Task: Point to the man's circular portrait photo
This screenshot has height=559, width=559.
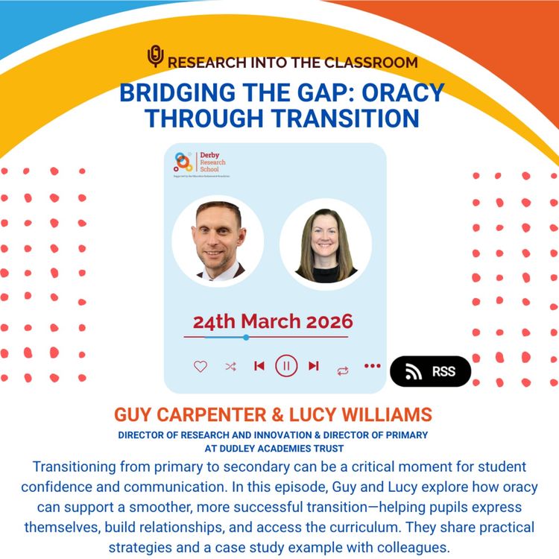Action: pos(218,241)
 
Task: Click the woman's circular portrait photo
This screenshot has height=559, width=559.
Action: pos(325,244)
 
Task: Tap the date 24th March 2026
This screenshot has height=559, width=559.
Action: pos(273,322)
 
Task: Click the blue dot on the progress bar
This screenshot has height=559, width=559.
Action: pos(246,338)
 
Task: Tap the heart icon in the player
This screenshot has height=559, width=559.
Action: pos(200,366)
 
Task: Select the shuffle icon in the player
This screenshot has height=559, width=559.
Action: pos(230,366)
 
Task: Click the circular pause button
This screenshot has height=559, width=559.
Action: pos(286,366)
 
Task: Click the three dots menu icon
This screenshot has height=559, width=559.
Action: pos(372,366)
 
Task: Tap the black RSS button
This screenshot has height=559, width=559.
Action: pos(431,371)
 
